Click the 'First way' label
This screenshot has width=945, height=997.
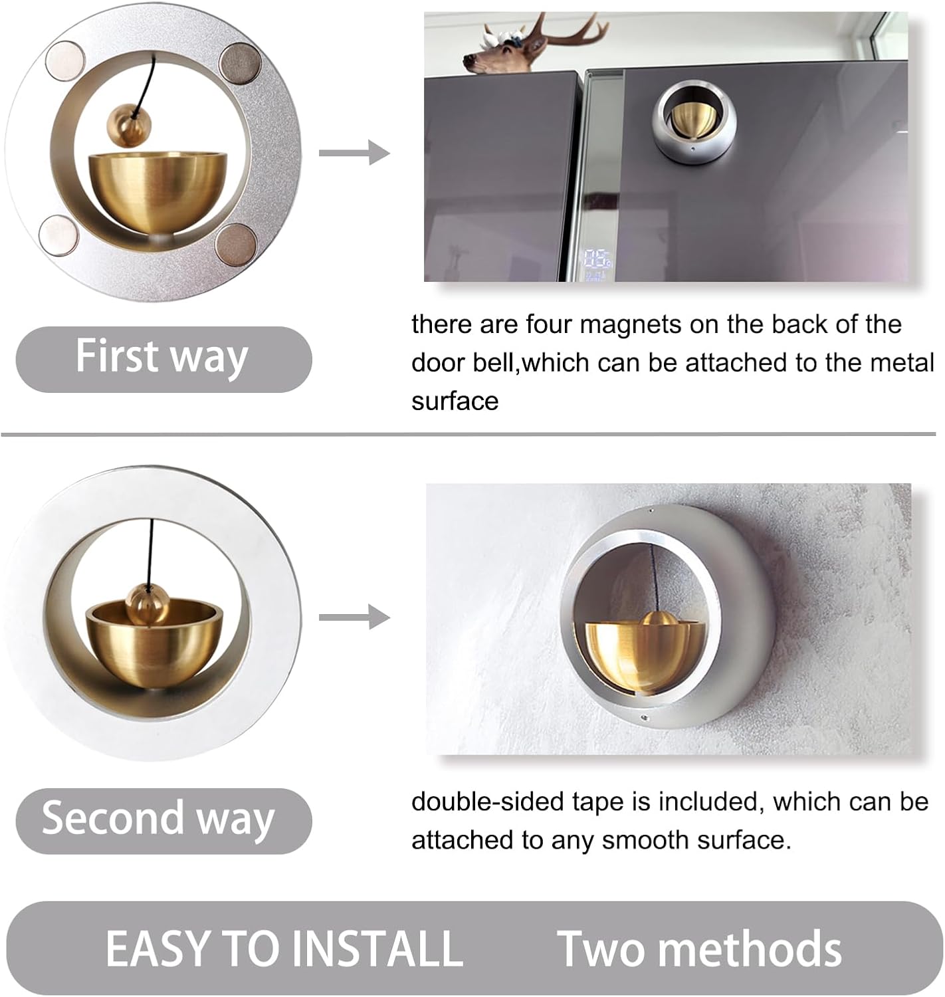(x=161, y=357)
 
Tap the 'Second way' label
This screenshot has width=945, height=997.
(x=158, y=818)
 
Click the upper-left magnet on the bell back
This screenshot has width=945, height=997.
(x=65, y=60)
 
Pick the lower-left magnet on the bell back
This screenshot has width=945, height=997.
(x=59, y=235)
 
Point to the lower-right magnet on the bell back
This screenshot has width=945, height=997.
(x=237, y=244)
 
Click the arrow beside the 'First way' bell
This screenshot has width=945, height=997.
(x=354, y=153)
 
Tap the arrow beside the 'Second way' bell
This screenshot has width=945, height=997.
(x=354, y=617)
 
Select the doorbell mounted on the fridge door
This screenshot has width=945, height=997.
(x=693, y=122)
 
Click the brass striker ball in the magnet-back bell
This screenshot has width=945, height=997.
(x=129, y=125)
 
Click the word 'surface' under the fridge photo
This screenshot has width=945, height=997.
(x=455, y=401)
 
